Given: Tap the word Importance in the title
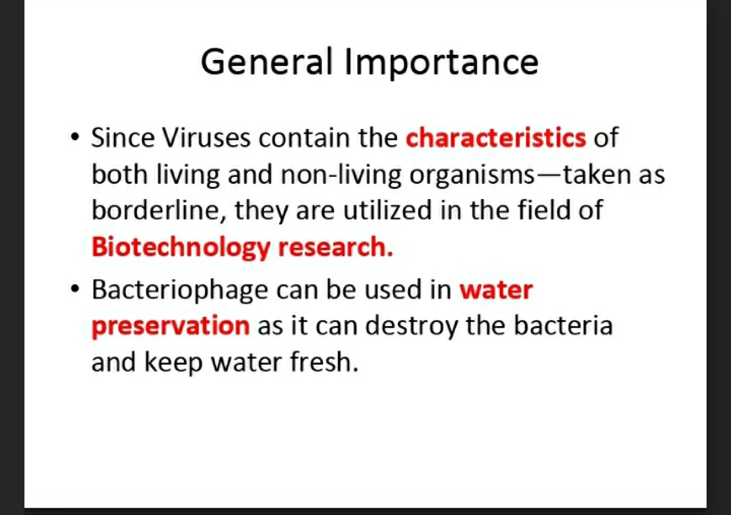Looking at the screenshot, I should coord(441,63).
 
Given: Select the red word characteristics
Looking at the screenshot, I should coord(496,137).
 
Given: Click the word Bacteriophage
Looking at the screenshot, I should coord(180,290).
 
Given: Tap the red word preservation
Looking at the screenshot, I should coord(171,326).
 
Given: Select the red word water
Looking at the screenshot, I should coord(496,290).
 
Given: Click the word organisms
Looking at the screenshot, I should coord(472,175).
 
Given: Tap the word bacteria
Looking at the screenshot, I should coord(563,326).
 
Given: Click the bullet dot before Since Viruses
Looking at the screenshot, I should coord(75,136).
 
